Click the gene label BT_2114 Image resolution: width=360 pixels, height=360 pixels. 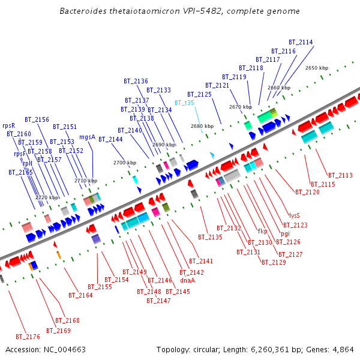(301, 42)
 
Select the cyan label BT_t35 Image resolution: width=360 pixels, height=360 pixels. (184, 103)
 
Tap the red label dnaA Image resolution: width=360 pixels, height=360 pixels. (188, 280)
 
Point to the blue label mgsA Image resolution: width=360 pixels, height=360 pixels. (87, 137)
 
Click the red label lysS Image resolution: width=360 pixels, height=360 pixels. (294, 215)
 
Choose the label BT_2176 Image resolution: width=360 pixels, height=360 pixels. (28, 337)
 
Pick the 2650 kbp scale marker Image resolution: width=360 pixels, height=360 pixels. (316, 68)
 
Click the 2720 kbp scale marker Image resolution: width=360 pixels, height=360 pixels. (47, 197)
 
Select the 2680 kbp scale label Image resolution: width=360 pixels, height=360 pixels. (202, 126)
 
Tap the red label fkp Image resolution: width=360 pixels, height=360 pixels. (262, 231)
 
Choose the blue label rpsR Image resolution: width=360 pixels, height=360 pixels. (8, 125)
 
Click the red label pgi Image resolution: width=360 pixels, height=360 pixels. (285, 233)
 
